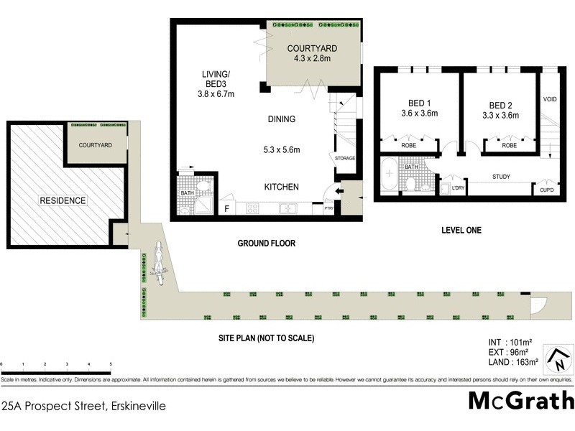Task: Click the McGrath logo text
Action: pyautogui.click(x=521, y=400)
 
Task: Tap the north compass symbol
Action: pyautogui.click(x=557, y=358)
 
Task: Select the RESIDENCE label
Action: pyautogui.click(x=63, y=200)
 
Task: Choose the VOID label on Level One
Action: pyautogui.click(x=550, y=99)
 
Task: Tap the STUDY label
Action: pyautogui.click(x=502, y=176)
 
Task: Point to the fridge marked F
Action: pyautogui.click(x=228, y=208)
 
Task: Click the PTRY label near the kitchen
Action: pyautogui.click(x=329, y=209)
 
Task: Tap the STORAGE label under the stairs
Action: pyautogui.click(x=345, y=158)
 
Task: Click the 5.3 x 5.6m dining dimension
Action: pyautogui.click(x=281, y=150)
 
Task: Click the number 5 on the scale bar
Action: pyautogui.click(x=111, y=364)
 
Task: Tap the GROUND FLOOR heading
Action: pyautogui.click(x=267, y=244)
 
